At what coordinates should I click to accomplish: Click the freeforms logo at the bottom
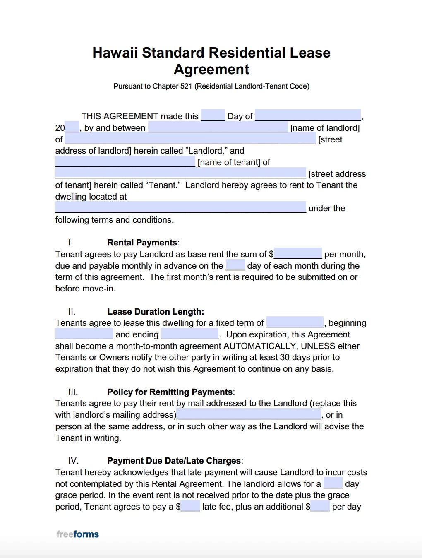78,534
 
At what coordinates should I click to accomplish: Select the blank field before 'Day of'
213,115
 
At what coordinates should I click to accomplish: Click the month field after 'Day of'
308,115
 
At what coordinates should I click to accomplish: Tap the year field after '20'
72,127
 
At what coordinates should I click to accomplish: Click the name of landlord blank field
218,127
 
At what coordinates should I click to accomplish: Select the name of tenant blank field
125,161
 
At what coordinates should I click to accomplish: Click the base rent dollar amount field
298,253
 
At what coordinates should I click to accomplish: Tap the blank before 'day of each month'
235,265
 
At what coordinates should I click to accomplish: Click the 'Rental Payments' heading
142,243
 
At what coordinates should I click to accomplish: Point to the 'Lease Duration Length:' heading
156,312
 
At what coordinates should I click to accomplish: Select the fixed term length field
295,322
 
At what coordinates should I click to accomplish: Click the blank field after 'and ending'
190,334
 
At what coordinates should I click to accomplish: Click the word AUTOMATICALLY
261,346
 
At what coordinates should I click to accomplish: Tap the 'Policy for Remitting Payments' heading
170,392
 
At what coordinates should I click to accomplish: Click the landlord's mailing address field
249,414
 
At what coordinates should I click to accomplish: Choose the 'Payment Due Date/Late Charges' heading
174,461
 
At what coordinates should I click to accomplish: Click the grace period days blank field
333,483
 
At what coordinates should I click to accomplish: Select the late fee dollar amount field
190,506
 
